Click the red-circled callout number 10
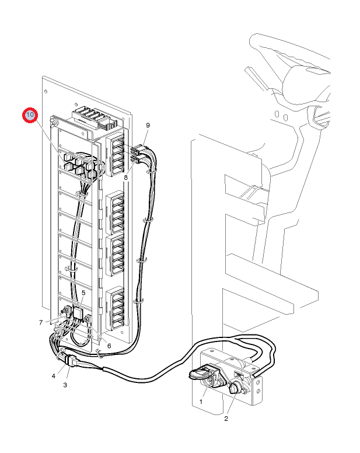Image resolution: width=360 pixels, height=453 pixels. pos(30,116)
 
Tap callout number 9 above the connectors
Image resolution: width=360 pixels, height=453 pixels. pos(148,126)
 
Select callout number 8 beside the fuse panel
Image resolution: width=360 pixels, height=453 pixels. pos(125,176)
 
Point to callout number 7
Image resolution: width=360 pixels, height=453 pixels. pos(41,322)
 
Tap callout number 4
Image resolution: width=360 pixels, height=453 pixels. pos(53,376)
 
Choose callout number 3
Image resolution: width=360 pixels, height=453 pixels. pos(65,385)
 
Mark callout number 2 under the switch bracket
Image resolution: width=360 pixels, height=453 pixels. pos(226,419)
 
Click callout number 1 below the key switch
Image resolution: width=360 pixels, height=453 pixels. pos(201,402)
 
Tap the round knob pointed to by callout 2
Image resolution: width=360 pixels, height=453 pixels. pos(235,388)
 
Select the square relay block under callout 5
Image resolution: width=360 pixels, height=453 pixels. pos(78,313)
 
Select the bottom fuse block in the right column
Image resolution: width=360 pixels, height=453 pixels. pos(116,306)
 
